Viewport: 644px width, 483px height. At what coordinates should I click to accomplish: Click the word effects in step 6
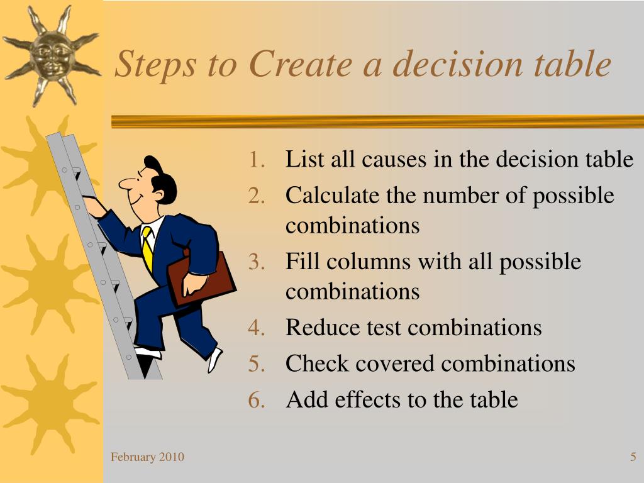tap(364, 400)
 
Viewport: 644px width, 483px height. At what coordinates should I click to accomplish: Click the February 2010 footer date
tap(147, 457)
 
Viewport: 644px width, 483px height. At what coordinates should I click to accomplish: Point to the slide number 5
tap(633, 457)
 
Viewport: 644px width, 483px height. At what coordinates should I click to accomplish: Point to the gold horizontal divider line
tap(377, 121)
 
